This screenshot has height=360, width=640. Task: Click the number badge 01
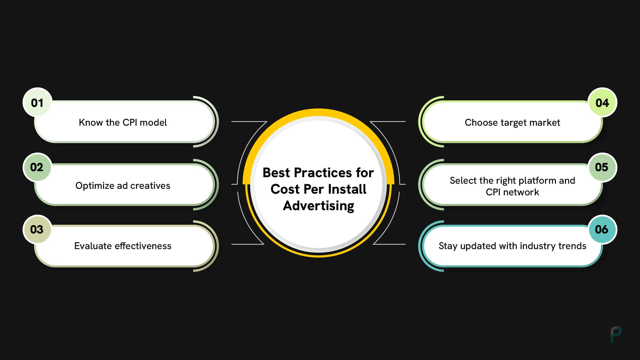click(37, 102)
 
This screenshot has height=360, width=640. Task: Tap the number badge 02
click(37, 167)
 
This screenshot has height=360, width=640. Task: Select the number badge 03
click(37, 229)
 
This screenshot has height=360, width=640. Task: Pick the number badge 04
click(602, 102)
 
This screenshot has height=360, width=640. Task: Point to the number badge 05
click(602, 167)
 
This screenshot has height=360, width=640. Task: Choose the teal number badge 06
click(602, 229)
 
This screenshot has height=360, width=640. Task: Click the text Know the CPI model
click(123, 123)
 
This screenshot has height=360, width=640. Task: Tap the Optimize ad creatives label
click(123, 186)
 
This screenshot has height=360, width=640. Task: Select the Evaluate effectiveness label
click(123, 246)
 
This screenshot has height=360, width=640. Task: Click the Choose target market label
click(512, 123)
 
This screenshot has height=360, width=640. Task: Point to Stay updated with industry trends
click(512, 246)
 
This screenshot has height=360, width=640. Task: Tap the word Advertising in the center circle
click(319, 206)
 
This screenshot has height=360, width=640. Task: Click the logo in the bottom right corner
click(616, 334)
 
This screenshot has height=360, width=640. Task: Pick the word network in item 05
click(521, 192)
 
